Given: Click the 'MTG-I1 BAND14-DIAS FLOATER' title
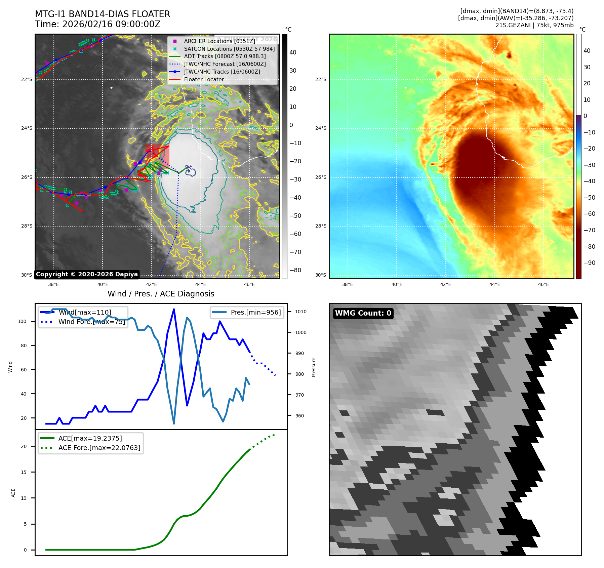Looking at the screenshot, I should click(x=103, y=14).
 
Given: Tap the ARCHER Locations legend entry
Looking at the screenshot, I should click(x=219, y=41).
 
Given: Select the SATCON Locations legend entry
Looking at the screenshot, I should click(x=229, y=49).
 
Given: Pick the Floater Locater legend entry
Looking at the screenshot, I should click(x=204, y=80).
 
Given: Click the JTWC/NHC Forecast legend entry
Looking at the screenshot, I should click(x=225, y=64).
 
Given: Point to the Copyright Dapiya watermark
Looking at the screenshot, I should click(x=87, y=274).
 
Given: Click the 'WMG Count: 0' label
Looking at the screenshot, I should click(x=363, y=313).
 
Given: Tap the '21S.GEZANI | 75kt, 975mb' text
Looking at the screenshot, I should click(x=534, y=25).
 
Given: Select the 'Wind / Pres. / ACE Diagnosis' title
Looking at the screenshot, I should click(x=161, y=294).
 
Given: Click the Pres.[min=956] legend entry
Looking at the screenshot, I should click(x=255, y=312).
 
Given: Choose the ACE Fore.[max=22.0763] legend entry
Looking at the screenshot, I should click(x=99, y=448).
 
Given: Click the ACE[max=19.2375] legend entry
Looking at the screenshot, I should click(x=90, y=438).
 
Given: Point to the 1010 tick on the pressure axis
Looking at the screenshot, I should click(x=300, y=312).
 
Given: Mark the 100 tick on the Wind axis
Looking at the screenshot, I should click(x=22, y=321).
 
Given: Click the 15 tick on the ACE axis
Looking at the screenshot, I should click(x=24, y=472).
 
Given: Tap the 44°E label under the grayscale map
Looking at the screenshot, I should click(x=201, y=284).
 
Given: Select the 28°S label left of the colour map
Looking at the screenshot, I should click(x=321, y=226).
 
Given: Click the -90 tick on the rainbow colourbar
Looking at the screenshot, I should click(x=589, y=263).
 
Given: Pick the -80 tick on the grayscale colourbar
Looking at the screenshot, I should click(x=295, y=270).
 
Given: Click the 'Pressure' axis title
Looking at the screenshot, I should click(x=314, y=367).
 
